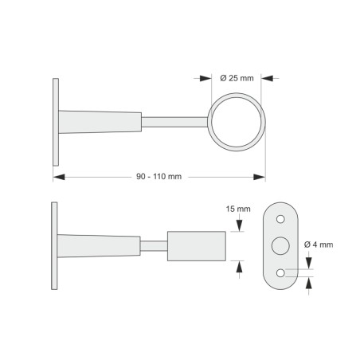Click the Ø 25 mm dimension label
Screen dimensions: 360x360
point(237,78)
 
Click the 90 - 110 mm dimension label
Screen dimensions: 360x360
point(158,177)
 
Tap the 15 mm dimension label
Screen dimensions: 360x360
point(238,209)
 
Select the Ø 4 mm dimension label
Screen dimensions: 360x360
point(319,245)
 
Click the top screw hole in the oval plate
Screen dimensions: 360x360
point(280,219)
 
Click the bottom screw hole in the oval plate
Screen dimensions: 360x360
point(280,272)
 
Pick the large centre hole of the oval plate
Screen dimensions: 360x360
point(280,246)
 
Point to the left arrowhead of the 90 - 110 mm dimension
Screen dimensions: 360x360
point(59,177)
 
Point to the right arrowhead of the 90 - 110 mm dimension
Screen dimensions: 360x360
point(260,177)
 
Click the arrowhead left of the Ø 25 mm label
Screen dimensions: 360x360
point(205,78)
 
